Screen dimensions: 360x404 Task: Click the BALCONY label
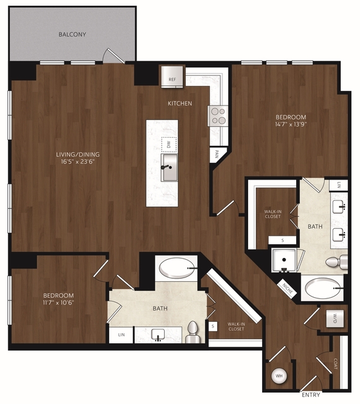(x=72, y=34)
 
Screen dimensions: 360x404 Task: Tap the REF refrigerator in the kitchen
(x=172, y=77)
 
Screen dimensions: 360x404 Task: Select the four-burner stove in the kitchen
(x=218, y=116)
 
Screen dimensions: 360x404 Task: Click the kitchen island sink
(x=169, y=168)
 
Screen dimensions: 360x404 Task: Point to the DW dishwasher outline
(x=169, y=145)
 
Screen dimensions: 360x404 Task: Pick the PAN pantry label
(x=217, y=154)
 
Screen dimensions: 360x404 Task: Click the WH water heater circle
(x=279, y=376)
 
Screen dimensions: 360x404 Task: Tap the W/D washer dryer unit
(x=335, y=319)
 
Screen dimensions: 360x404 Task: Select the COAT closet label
(x=335, y=364)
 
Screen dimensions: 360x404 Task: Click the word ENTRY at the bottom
(x=311, y=395)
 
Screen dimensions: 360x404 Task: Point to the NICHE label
(x=287, y=289)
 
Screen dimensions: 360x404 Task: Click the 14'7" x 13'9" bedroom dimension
(x=291, y=125)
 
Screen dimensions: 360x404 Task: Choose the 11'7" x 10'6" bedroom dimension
(x=58, y=302)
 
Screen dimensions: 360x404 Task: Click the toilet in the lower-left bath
(x=193, y=332)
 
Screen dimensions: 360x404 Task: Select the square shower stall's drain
(x=284, y=260)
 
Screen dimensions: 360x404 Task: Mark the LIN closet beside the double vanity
(x=339, y=185)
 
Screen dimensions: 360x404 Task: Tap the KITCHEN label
(x=180, y=103)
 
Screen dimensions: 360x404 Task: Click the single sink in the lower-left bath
(x=158, y=335)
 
